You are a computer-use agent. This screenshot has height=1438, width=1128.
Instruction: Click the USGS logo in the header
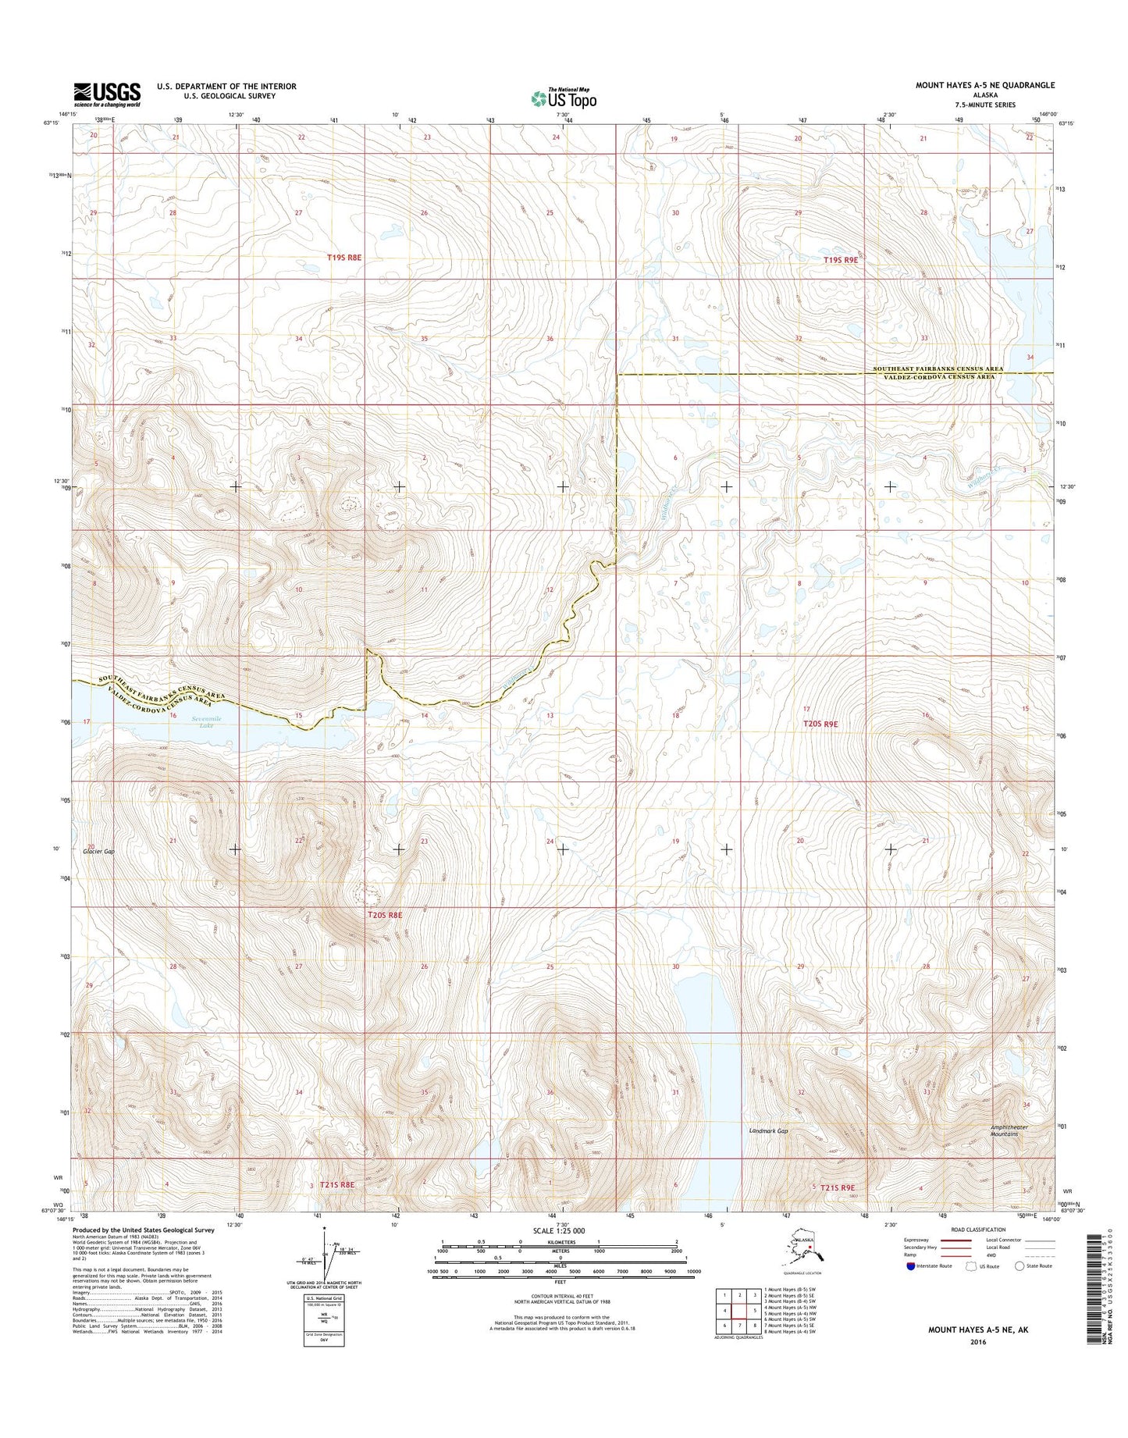107,94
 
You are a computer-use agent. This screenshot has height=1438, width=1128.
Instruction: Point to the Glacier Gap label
98,852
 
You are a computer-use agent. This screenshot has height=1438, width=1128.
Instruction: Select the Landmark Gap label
768,1130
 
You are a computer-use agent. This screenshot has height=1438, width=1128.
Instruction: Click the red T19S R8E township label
344,257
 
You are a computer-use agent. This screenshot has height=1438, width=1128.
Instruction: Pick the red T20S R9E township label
820,724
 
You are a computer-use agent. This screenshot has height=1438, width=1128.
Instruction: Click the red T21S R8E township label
336,1185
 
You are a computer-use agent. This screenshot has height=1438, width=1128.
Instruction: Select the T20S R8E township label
385,914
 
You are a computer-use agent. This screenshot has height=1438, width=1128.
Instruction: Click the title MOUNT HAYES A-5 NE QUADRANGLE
985,85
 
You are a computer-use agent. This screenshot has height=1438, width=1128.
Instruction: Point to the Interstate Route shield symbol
911,1266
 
